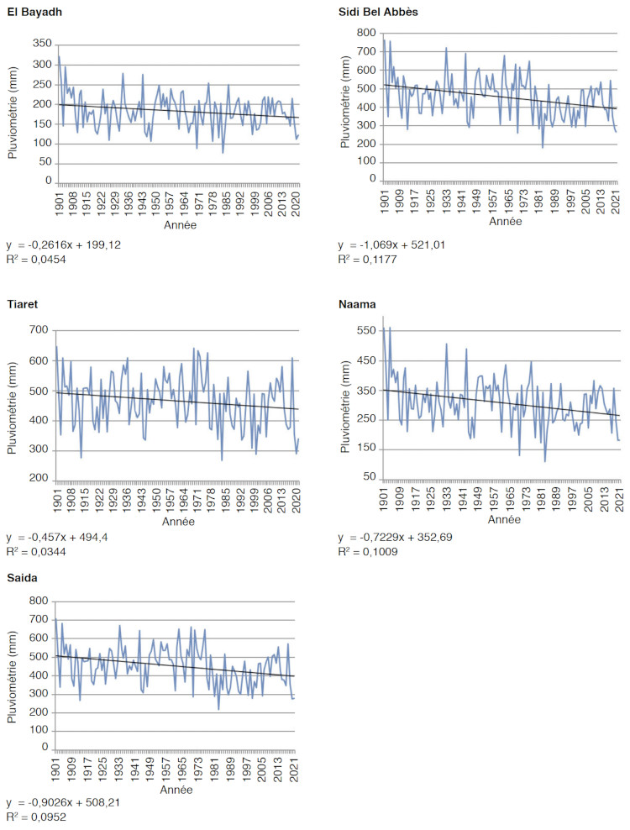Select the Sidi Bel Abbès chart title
click(376, 13)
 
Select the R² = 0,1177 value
click(367, 259)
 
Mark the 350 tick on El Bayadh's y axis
click(41, 43)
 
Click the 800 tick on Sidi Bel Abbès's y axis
click(367, 33)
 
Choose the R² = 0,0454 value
click(35, 259)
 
